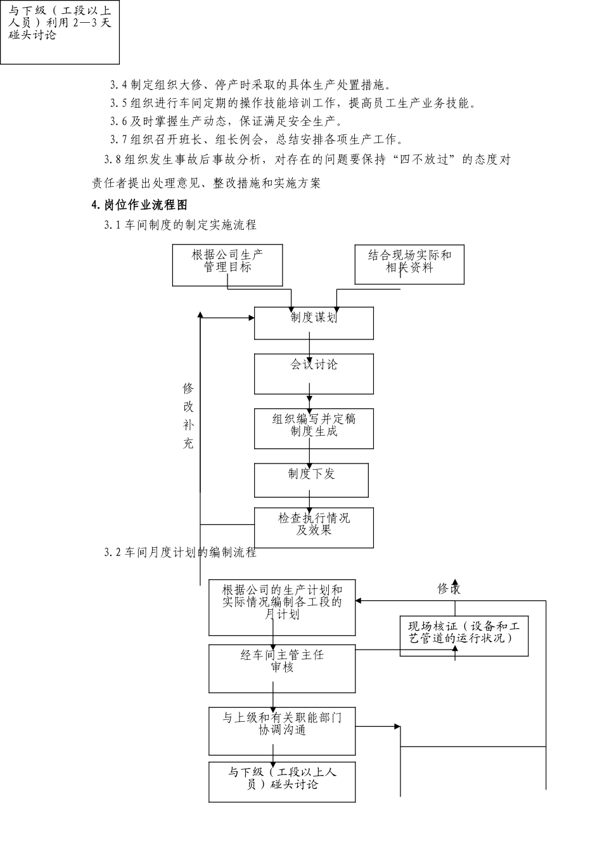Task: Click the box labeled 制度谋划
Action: (x=314, y=323)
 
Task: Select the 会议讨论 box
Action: (x=314, y=374)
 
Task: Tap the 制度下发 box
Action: (x=311, y=480)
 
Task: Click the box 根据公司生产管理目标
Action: (x=227, y=265)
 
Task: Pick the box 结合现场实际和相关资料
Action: (x=409, y=265)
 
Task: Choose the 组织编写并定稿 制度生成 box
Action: (x=314, y=429)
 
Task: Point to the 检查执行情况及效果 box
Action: (x=314, y=527)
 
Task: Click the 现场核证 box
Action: (x=464, y=636)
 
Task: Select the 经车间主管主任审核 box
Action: (x=282, y=669)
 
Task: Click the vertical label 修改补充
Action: (x=188, y=415)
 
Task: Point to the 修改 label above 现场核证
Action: (x=449, y=589)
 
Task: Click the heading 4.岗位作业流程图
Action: (x=139, y=205)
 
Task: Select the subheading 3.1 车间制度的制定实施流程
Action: (x=181, y=225)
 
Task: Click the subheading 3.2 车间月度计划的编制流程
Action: (x=181, y=552)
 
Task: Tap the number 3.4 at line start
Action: (x=118, y=85)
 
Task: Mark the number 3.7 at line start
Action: (x=118, y=139)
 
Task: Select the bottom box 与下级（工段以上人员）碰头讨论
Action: (x=282, y=782)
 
